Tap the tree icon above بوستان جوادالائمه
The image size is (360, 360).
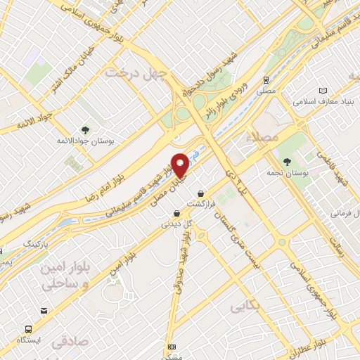click(x=85, y=129)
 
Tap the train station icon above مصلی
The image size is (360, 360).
click(x=266, y=80)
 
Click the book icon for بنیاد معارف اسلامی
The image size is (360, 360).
click(x=323, y=91)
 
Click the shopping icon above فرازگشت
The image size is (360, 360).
click(x=202, y=193)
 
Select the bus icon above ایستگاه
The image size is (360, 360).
click(x=29, y=328)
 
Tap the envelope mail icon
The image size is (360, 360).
click(x=44, y=310)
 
